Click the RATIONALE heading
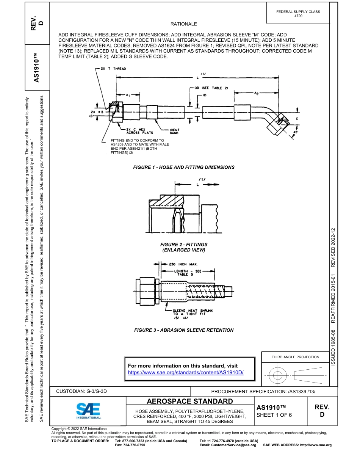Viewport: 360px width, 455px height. click(x=184, y=24)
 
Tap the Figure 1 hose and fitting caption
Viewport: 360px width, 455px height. click(x=184, y=167)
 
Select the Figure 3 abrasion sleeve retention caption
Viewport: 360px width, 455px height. click(x=184, y=330)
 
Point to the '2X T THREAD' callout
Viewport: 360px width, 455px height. click(x=113, y=69)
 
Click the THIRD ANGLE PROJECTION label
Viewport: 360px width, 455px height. click(x=295, y=357)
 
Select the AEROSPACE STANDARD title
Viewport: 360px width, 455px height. click(x=190, y=402)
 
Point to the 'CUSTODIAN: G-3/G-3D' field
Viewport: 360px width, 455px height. click(x=84, y=391)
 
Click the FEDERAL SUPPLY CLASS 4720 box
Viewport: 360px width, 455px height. click(x=298, y=14)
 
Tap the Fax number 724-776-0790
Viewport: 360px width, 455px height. click(x=130, y=445)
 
